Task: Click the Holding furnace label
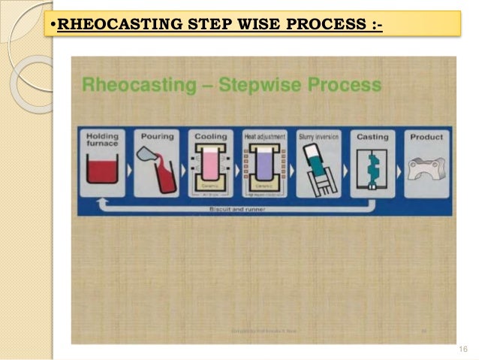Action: tap(104, 141)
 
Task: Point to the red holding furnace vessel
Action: tap(104, 171)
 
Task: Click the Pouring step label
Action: tap(157, 138)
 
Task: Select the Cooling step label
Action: tap(211, 138)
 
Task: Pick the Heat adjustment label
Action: tap(265, 138)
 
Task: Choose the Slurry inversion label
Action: tap(319, 138)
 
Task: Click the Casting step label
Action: tap(373, 138)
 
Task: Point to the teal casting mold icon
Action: tap(373, 169)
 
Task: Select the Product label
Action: tap(426, 138)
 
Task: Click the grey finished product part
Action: tap(426, 168)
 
